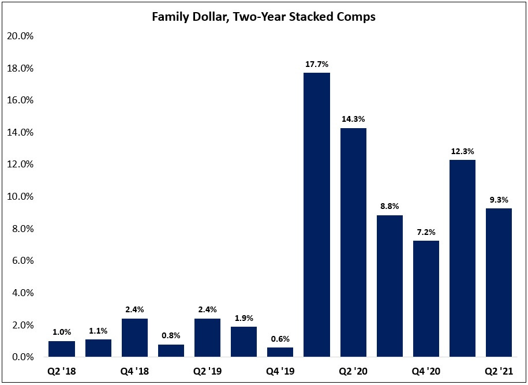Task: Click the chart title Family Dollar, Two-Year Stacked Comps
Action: tap(264, 17)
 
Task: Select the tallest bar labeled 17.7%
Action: tap(317, 215)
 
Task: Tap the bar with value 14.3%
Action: tap(353, 242)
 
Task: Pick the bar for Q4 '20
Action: tap(426, 299)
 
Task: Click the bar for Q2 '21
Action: tap(499, 283)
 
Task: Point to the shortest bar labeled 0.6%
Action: tap(280, 352)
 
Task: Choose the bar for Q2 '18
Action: tap(62, 349)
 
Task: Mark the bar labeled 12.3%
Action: tap(462, 259)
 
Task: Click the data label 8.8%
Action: tap(390, 206)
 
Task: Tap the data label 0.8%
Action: tap(171, 335)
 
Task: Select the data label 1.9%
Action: tap(244, 317)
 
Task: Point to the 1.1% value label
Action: tap(98, 331)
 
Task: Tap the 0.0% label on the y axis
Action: tap(21, 357)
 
